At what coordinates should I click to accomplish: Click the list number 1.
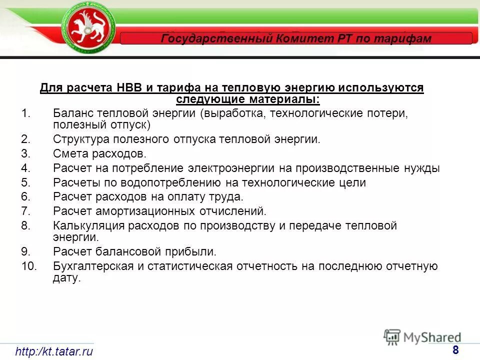(x=26, y=113)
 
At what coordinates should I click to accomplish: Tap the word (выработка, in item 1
(x=233, y=113)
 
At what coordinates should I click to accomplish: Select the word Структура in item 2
(x=79, y=139)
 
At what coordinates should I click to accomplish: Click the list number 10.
(x=29, y=266)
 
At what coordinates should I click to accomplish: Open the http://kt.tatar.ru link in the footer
(x=54, y=351)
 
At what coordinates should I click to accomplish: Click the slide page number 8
(x=455, y=350)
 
